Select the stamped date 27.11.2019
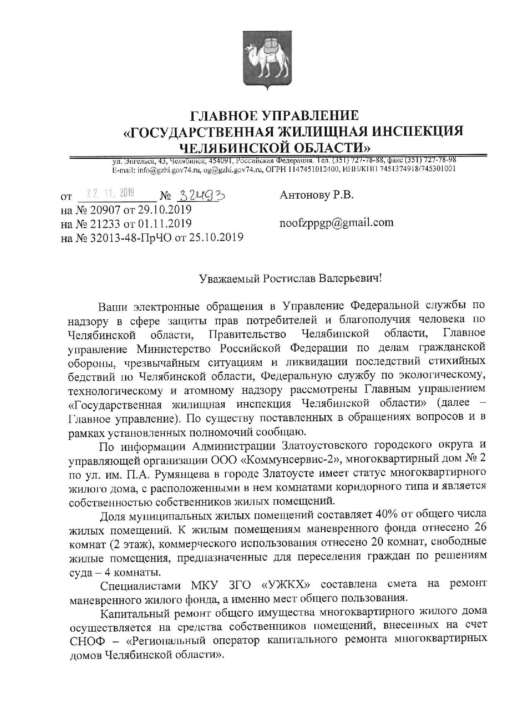click(x=109, y=192)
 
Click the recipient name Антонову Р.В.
click(x=316, y=195)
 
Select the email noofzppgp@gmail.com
click(x=336, y=223)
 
